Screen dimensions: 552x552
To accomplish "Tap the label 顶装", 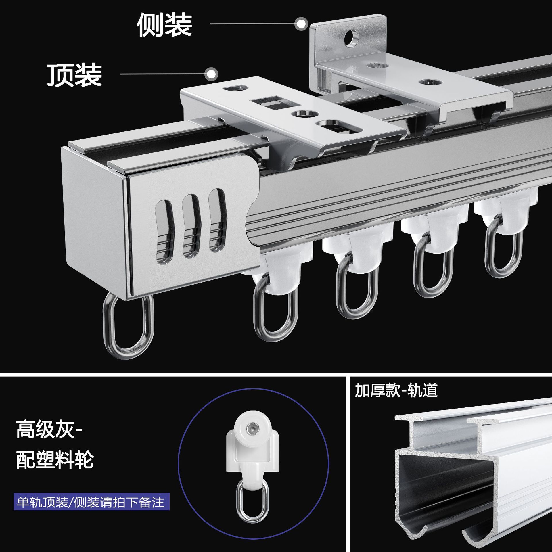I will click(x=74, y=75).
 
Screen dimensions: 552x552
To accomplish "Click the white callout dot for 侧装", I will click(x=301, y=24).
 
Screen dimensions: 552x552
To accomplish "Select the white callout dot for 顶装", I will click(x=212, y=74).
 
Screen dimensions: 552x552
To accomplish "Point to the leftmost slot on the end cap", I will click(x=164, y=229).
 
